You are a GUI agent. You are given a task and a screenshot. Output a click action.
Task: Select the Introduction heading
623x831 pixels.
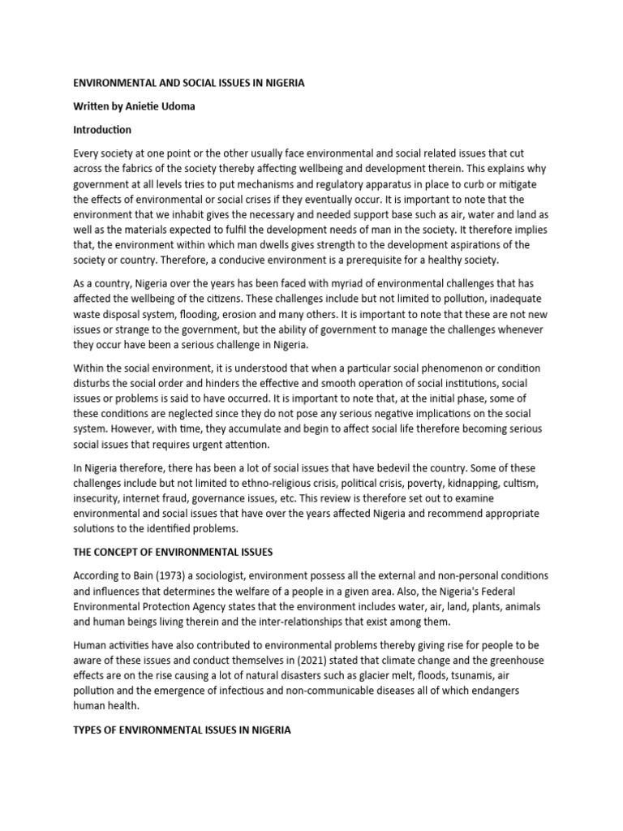pos(102,130)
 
